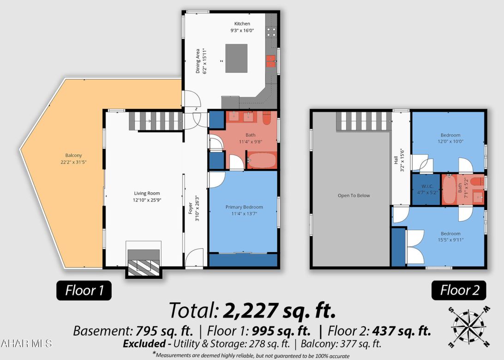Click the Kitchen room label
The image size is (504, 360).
242,24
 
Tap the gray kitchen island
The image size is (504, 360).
236,58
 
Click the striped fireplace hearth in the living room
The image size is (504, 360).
144,267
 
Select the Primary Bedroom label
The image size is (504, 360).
244,207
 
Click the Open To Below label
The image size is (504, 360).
354,195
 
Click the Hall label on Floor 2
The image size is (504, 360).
396,160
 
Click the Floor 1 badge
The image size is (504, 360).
84,290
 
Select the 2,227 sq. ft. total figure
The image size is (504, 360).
279,311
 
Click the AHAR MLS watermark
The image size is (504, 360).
27,344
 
